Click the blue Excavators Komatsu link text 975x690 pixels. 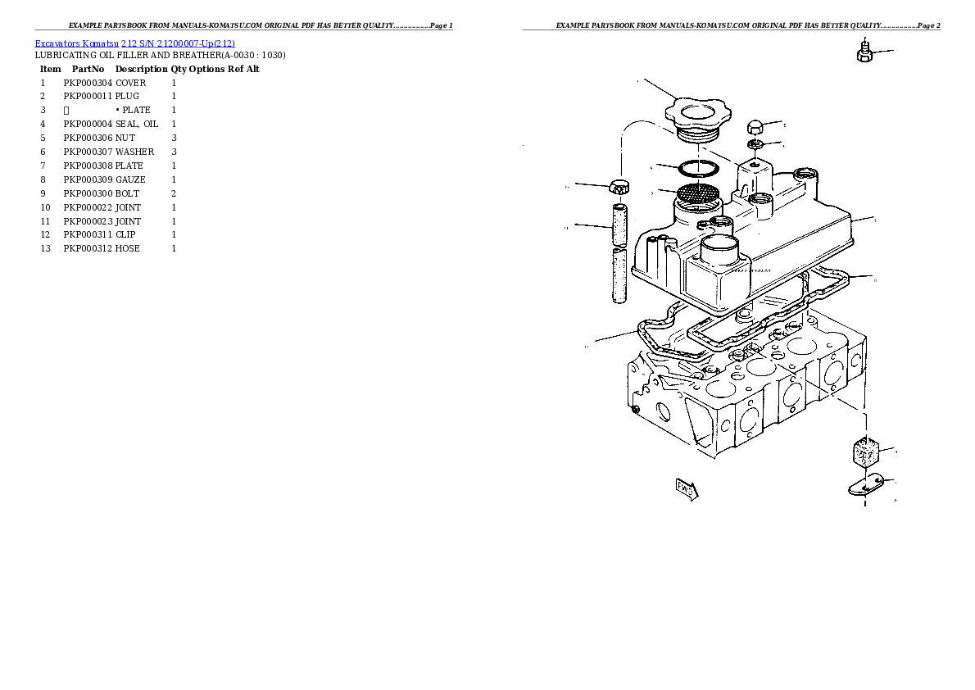tap(134, 43)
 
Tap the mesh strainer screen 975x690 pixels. tap(697, 195)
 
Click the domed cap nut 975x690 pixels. tap(756, 127)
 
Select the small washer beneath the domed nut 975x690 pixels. tap(756, 145)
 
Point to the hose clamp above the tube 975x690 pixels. tap(620, 187)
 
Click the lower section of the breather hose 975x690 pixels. tap(620, 276)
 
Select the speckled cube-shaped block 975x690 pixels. tap(864, 451)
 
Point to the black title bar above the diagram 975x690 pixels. tap(731, 30)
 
